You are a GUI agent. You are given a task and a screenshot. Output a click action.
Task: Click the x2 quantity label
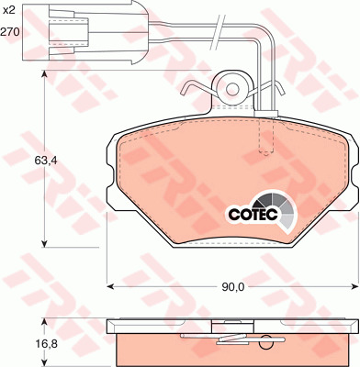pos(8,11)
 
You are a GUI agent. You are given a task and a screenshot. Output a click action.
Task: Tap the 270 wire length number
pos(10,31)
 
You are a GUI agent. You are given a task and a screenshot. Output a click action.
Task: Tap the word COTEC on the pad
pos(253,215)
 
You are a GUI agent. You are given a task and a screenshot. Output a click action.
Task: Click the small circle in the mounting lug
pos(232,89)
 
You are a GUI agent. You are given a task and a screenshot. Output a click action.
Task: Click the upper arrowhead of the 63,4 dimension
pos(45,75)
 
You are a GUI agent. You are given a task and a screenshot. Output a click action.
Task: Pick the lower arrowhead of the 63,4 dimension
pos(45,243)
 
